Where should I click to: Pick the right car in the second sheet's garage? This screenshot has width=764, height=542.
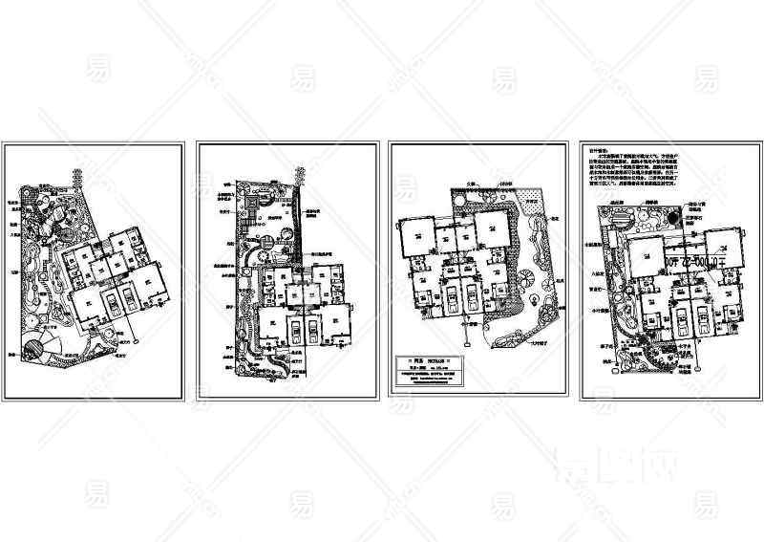click(x=308, y=329)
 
